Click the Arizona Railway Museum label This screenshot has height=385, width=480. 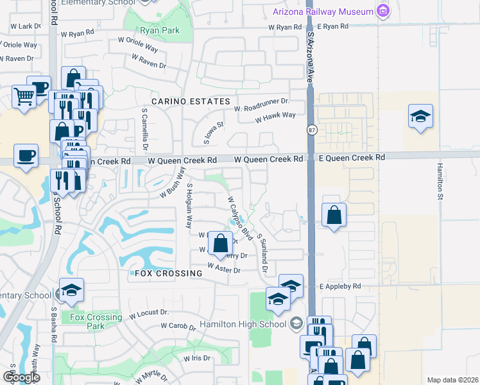(323, 12)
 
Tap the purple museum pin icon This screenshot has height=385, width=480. (384, 11)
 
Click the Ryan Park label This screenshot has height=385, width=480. (161, 30)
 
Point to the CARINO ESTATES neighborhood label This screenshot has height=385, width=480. (191, 101)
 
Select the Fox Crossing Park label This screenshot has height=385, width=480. (96, 321)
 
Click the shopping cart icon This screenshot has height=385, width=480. (24, 98)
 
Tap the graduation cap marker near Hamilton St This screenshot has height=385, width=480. (420, 117)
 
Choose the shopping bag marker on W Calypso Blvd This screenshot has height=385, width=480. (220, 244)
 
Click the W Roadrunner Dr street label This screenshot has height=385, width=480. (262, 102)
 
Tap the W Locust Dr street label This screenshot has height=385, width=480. (148, 314)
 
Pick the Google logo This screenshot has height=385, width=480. (21, 377)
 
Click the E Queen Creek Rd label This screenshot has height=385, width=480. (352, 157)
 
